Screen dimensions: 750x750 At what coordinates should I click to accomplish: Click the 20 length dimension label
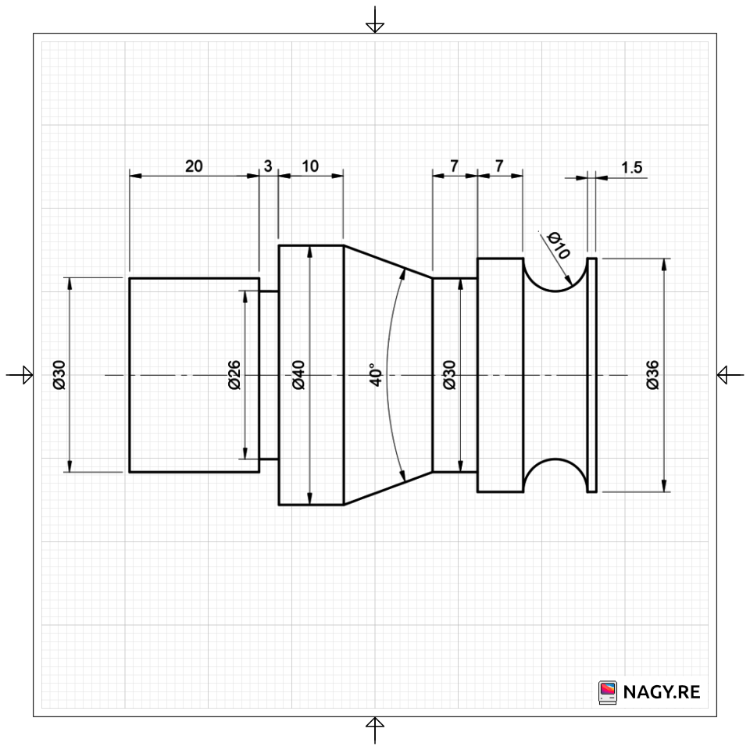(x=194, y=166)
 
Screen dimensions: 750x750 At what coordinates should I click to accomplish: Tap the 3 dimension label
(x=268, y=166)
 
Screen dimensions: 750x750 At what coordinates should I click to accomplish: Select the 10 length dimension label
(x=310, y=166)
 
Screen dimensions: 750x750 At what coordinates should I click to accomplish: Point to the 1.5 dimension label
(x=631, y=167)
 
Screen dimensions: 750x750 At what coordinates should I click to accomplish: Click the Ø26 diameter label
(x=234, y=375)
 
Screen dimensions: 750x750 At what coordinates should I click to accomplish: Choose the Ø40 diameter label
(x=298, y=375)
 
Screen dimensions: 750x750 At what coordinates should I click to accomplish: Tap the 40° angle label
(x=376, y=374)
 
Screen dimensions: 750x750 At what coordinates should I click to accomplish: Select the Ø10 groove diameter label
(x=558, y=245)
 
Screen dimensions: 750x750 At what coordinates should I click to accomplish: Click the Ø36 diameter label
(x=652, y=375)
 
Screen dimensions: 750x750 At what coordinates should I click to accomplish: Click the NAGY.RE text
(x=662, y=692)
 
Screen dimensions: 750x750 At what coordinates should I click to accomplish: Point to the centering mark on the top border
(x=375, y=20)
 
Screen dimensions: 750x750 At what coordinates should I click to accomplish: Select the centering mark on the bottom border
(x=375, y=730)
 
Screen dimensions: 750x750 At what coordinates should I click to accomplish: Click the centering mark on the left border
(x=20, y=375)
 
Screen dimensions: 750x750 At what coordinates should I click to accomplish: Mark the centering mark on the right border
(x=730, y=375)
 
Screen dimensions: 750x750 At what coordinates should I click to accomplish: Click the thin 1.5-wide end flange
(x=591, y=375)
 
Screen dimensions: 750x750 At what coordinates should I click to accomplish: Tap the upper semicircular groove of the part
(x=555, y=275)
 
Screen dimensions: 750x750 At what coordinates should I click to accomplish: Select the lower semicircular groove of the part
(x=555, y=475)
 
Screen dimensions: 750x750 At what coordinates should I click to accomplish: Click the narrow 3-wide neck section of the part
(x=269, y=375)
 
